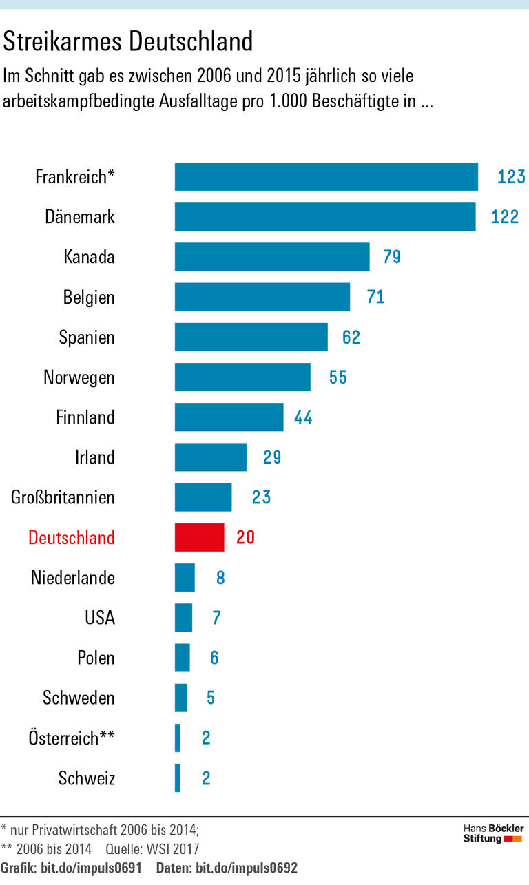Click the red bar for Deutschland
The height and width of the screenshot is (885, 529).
199,537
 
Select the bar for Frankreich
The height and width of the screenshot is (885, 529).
326,176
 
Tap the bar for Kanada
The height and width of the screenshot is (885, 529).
272,257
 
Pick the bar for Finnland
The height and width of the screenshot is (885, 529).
229,417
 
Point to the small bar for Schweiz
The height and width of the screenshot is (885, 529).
178,778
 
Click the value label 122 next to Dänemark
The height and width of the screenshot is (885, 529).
504,217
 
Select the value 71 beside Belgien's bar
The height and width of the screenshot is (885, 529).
375,297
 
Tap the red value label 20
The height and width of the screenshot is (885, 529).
245,537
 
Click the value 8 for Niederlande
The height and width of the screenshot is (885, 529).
220,577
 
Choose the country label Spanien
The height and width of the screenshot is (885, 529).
87,337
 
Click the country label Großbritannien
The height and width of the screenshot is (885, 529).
63,497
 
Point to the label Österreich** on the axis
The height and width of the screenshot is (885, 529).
72,738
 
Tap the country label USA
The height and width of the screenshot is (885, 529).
100,618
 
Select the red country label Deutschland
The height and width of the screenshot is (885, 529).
72,537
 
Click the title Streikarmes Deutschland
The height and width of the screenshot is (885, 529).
128,42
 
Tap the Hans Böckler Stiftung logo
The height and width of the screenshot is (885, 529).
492,833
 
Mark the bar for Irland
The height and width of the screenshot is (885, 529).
210,457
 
